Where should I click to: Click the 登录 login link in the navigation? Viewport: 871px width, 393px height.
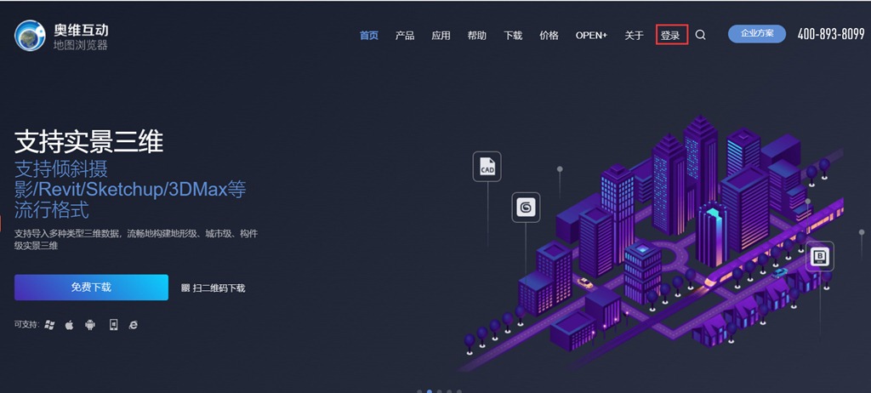(670, 35)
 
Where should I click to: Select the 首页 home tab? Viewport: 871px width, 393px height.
(369, 35)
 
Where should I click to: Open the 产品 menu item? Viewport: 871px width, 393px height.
(405, 35)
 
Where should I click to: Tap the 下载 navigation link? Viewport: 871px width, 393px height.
(513, 35)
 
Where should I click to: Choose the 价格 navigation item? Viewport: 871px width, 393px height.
(549, 35)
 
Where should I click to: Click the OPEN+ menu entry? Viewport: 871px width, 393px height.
(592, 35)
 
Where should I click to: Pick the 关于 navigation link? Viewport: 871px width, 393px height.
(634, 35)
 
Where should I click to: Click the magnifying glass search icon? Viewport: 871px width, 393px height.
(701, 35)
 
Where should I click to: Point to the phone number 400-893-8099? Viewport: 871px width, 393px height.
(831, 35)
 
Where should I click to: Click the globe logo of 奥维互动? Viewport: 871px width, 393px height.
(30, 35)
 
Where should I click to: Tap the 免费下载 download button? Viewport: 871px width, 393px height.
(91, 288)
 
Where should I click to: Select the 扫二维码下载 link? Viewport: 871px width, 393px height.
(213, 288)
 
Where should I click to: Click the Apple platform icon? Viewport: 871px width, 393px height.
(70, 325)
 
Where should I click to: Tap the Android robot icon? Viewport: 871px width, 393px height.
(90, 325)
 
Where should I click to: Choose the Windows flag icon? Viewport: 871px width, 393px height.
(50, 325)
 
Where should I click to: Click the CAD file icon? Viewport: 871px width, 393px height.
(487, 166)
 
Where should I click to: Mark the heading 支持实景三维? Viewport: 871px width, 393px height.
(88, 142)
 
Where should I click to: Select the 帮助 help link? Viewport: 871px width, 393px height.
(476, 35)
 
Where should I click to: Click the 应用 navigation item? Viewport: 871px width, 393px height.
(441, 35)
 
